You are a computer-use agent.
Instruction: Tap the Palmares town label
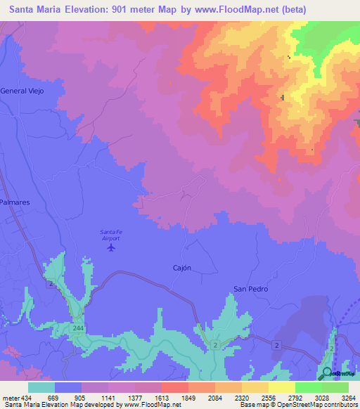(x=15, y=202)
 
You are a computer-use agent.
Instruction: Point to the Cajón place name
(x=182, y=268)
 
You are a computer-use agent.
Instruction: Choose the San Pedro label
(x=251, y=289)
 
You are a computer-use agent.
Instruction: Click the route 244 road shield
(x=77, y=328)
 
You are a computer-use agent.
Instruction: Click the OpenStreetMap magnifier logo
(x=327, y=373)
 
